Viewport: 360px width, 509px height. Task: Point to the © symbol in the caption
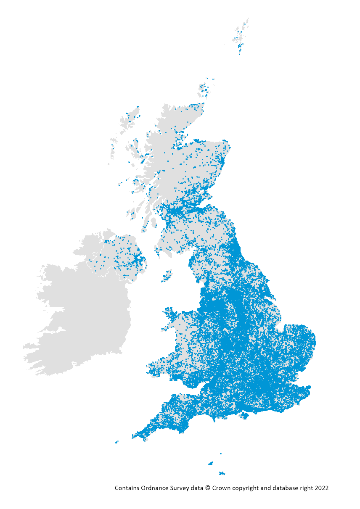click(207, 488)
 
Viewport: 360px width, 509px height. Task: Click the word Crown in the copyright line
click(221, 488)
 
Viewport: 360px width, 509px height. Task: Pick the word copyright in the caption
click(245, 488)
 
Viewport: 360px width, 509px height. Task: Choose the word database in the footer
click(285, 488)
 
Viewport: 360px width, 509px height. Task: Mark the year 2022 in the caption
click(321, 488)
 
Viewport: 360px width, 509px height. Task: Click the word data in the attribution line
click(198, 488)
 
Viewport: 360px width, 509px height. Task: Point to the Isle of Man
click(167, 276)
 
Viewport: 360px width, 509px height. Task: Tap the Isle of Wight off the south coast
click(244, 416)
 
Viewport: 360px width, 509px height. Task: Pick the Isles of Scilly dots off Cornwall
click(116, 442)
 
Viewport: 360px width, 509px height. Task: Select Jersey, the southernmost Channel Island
click(222, 473)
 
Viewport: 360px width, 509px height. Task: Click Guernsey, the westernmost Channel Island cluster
click(210, 464)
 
